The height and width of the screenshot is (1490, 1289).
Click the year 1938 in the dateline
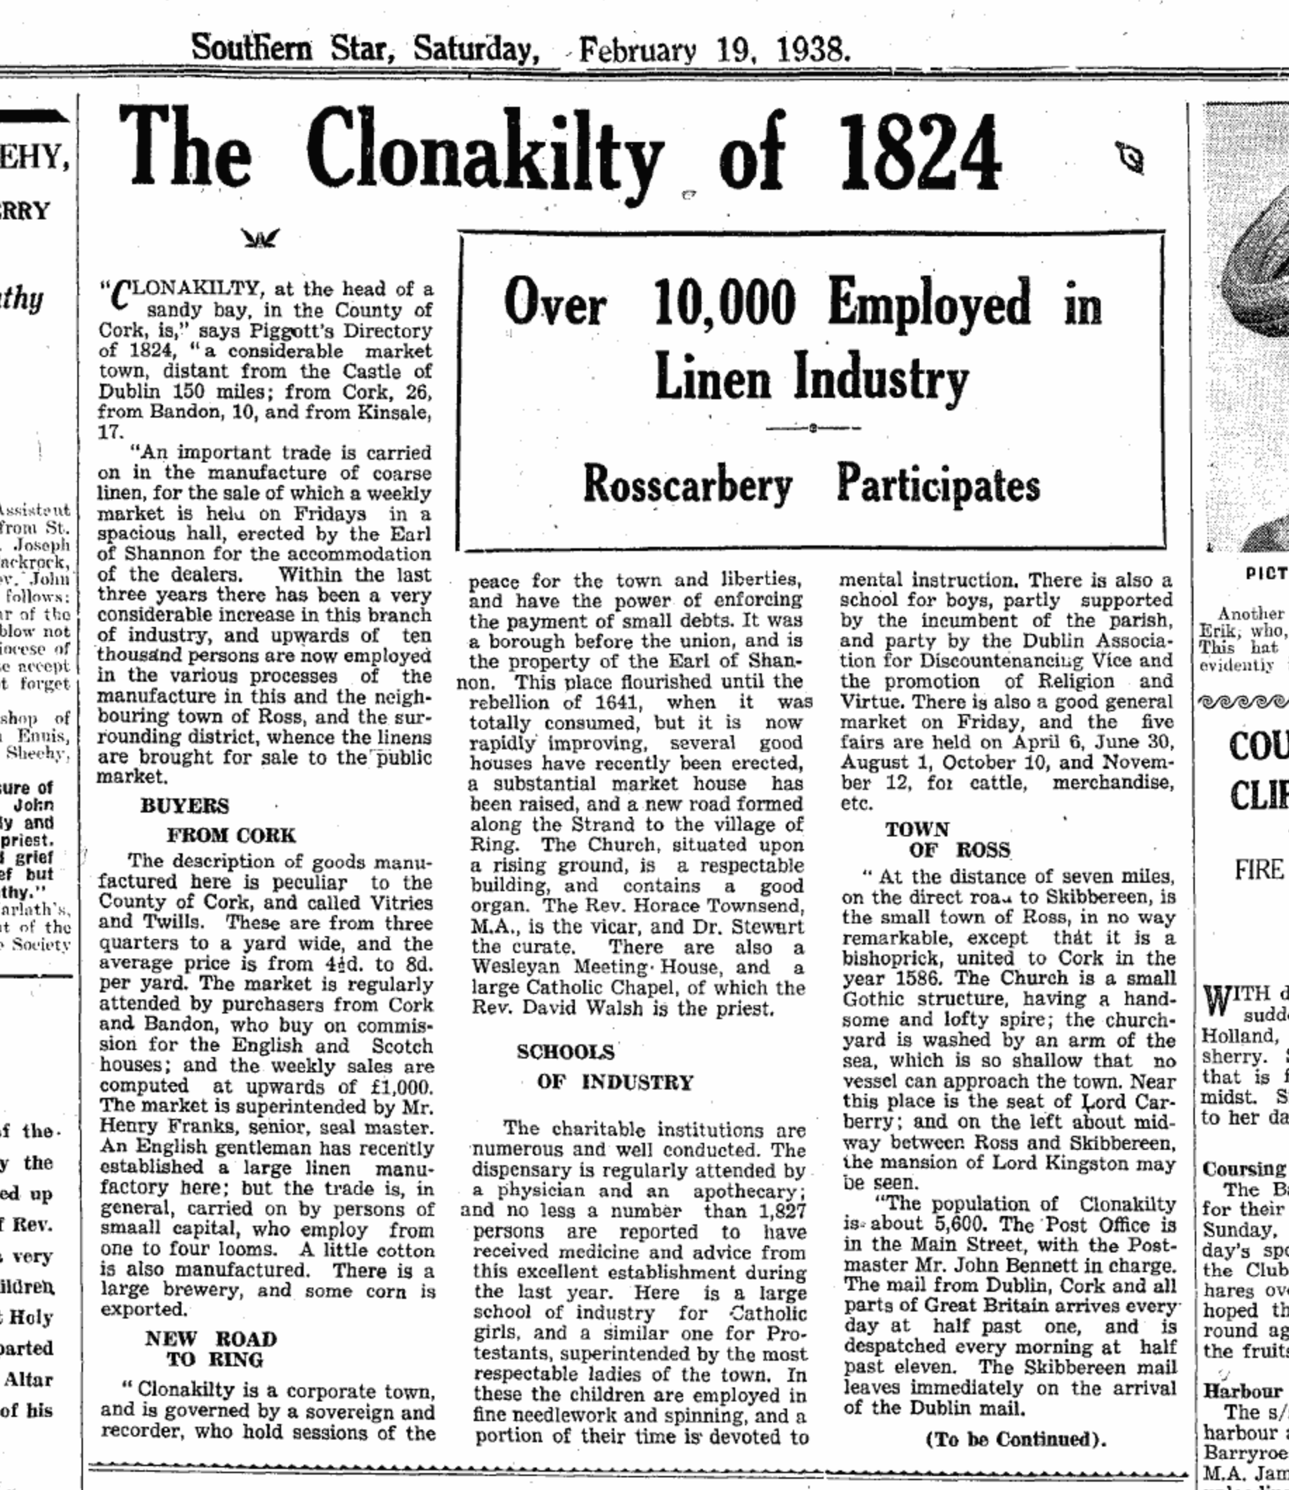pyautogui.click(x=812, y=51)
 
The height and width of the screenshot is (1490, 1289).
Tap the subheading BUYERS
pyautogui.click(x=184, y=805)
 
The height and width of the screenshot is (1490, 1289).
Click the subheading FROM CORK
pyautogui.click(x=231, y=835)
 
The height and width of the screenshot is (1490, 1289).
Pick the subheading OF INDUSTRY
pyautogui.click(x=615, y=1082)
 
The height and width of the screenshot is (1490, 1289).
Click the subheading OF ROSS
pyautogui.click(x=959, y=850)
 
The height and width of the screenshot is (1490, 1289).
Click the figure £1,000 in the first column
pyautogui.click(x=398, y=1087)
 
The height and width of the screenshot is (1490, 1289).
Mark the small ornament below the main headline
pyautogui.click(x=259, y=238)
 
